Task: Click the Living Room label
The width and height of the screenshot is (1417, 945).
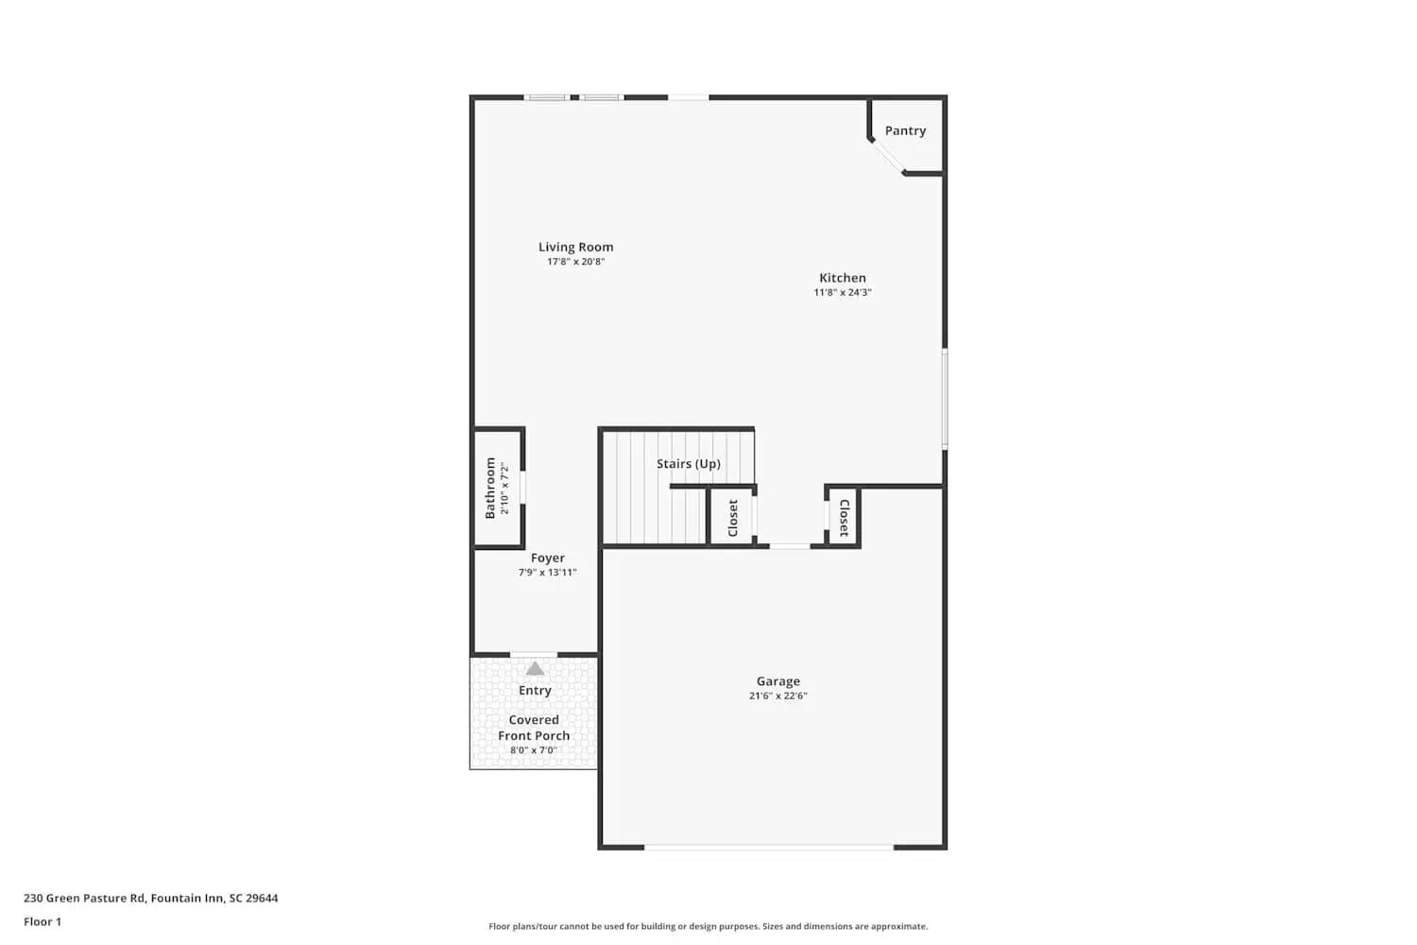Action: coord(575,247)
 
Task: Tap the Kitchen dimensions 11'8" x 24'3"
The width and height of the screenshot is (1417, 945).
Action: coord(842,293)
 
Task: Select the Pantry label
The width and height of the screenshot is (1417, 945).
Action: coord(905,130)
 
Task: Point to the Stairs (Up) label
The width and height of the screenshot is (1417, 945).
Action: coord(688,464)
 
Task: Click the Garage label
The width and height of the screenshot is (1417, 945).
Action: coord(777,681)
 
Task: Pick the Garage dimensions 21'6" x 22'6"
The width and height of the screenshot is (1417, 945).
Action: coord(777,696)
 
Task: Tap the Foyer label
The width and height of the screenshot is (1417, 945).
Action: coord(547,558)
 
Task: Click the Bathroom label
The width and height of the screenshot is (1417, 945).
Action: coord(490,488)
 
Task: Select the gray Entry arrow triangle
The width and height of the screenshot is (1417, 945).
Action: coord(535,669)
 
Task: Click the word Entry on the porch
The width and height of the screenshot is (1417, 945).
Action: coord(535,691)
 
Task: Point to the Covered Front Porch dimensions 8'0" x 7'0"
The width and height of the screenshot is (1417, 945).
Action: coord(533,750)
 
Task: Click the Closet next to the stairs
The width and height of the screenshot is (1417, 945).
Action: coord(732,518)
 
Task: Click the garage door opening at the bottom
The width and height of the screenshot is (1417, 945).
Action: coord(769,848)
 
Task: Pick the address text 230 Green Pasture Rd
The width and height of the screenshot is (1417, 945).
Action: coord(150,899)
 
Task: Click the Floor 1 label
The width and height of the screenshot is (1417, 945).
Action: coord(43,922)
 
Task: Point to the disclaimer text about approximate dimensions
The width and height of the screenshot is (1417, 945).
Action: coord(708,927)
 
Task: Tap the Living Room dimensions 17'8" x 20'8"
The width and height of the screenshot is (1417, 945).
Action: coord(575,262)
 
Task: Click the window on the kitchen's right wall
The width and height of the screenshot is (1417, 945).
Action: coord(944,398)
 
